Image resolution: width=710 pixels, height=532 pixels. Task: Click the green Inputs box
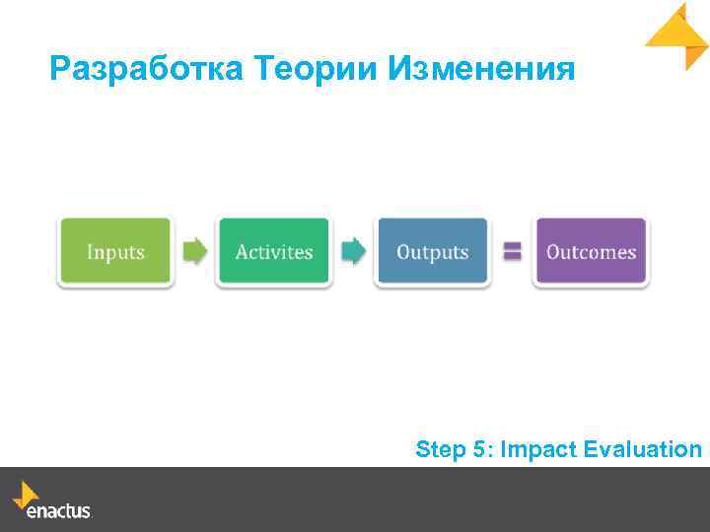point(115,252)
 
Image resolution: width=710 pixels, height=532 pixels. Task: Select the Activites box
point(274,252)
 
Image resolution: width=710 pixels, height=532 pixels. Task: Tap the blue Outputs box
point(432,252)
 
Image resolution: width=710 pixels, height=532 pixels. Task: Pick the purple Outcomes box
point(591,252)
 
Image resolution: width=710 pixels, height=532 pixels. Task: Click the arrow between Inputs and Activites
point(196,252)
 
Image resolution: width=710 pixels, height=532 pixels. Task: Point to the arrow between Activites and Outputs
point(353,252)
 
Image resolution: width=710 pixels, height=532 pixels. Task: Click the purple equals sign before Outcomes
point(512,252)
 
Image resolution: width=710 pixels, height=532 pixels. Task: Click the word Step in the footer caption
point(441,450)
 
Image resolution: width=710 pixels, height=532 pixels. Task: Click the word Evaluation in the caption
point(642,450)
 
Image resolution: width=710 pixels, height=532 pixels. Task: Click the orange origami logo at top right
point(677,35)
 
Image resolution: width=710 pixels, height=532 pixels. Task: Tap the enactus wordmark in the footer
point(59,511)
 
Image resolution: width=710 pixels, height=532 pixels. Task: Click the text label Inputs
point(115,252)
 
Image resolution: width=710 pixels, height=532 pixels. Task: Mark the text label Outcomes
point(591,252)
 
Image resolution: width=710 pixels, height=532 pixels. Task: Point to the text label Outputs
point(432,252)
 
